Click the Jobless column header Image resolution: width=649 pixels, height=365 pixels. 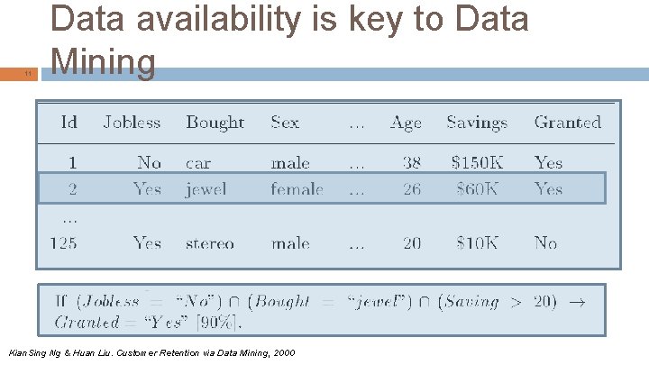coord(132,123)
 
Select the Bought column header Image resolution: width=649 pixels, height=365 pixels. coord(215,123)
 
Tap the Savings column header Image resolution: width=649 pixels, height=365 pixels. coord(477,123)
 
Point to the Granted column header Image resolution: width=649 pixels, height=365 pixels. coord(567,123)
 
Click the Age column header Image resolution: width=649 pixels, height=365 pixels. coord(406,123)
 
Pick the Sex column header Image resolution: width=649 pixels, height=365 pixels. coord(285,123)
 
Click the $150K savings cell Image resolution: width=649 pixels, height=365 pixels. coord(477,163)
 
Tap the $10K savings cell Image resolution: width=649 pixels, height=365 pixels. coord(479,243)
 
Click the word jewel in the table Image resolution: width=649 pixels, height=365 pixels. coord(206,189)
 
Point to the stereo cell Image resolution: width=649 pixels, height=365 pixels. coord(209,243)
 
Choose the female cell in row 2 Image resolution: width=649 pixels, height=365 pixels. coord(297,189)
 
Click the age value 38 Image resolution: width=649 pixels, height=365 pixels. coord(412,163)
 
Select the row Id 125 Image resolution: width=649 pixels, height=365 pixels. coord(63,243)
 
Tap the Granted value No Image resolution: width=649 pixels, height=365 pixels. coord(545,243)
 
